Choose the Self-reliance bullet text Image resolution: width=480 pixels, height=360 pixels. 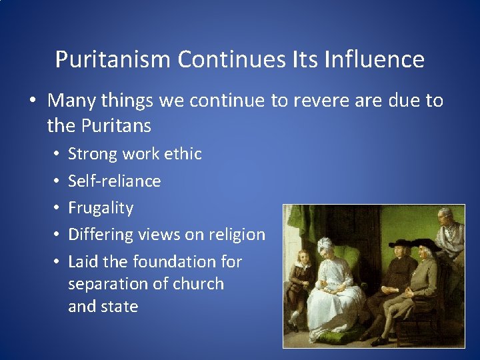coord(114,181)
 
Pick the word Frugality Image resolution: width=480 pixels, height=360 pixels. coord(101,208)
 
